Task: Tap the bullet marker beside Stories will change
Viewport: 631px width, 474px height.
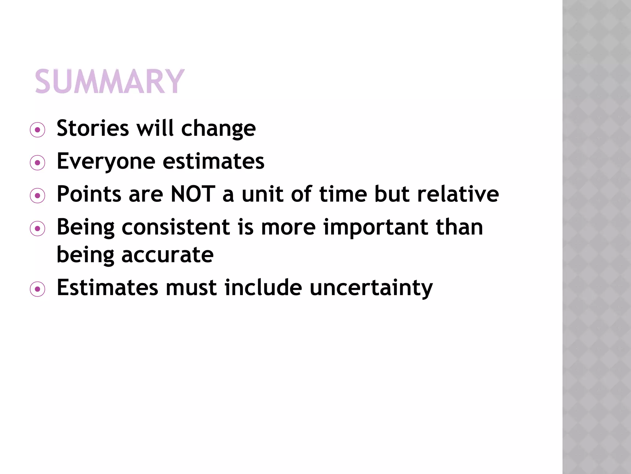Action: click(x=38, y=130)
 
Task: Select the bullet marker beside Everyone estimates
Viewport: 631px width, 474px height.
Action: click(x=38, y=163)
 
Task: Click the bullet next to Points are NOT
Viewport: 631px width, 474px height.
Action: click(x=38, y=196)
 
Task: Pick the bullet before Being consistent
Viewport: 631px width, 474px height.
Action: click(x=38, y=229)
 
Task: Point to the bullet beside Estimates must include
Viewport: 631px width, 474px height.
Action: click(x=38, y=289)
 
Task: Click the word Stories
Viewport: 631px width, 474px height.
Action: click(x=93, y=128)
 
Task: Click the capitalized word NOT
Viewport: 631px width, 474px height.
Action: click(x=193, y=194)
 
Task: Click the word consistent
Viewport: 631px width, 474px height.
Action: click(x=176, y=227)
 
